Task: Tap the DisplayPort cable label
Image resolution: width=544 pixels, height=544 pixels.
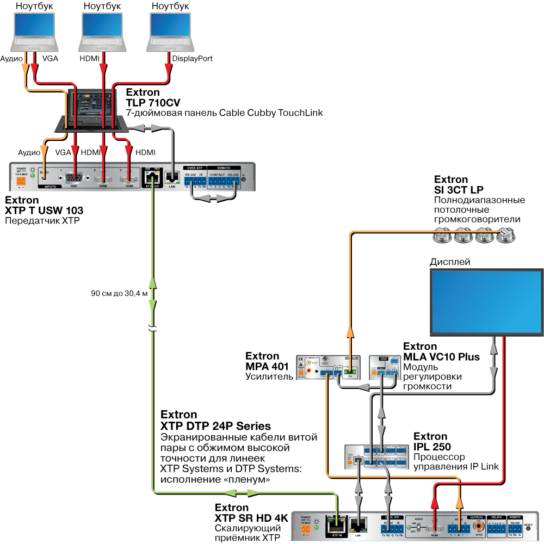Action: click(x=192, y=59)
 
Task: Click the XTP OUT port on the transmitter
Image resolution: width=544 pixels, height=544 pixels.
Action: click(x=151, y=176)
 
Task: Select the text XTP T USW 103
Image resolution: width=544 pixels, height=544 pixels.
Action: click(x=44, y=211)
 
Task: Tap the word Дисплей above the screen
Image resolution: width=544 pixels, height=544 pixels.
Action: click(x=449, y=262)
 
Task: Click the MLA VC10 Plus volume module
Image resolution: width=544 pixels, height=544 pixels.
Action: click(x=385, y=367)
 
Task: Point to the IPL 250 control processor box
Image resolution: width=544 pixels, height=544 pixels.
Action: click(x=377, y=458)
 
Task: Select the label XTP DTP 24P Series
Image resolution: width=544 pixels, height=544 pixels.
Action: click(x=215, y=425)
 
